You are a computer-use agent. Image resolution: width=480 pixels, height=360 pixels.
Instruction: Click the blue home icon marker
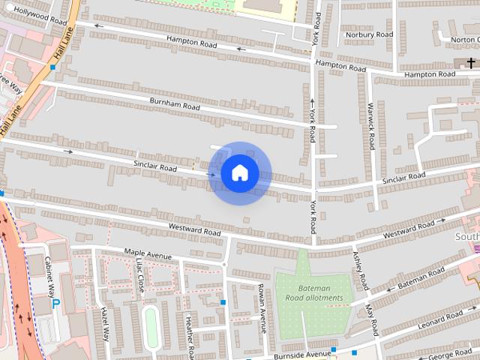coord(239,173)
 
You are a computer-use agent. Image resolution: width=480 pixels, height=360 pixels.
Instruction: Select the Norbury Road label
coord(369,34)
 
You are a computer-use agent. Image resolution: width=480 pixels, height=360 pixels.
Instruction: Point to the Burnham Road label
coord(175,104)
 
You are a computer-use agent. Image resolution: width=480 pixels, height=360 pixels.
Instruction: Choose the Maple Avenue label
coord(148,255)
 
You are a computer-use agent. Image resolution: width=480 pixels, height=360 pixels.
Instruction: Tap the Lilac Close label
coord(139,277)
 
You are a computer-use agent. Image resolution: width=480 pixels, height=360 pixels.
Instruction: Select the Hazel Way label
coord(105,324)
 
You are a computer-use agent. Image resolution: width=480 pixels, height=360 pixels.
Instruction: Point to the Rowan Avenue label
coord(263,307)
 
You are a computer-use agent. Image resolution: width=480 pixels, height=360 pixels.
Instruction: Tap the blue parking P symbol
coord(56,304)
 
